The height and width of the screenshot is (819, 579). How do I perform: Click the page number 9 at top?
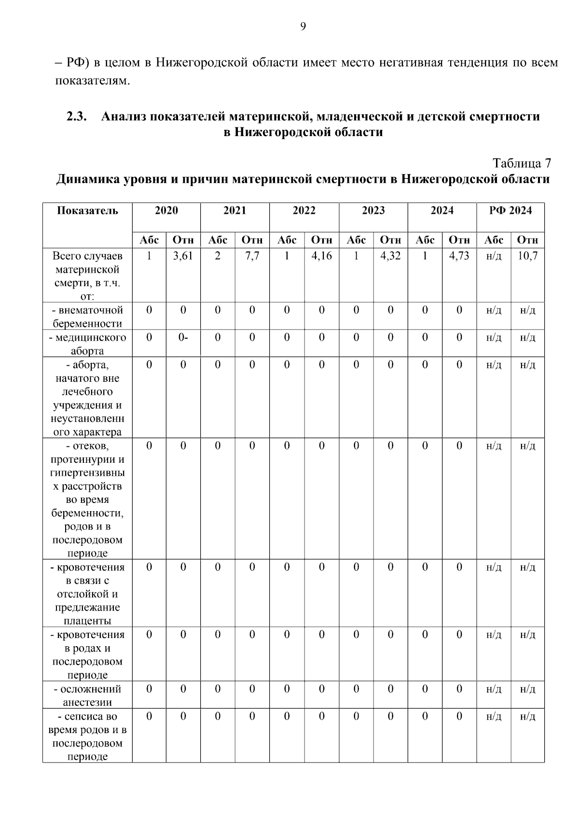tap(303, 27)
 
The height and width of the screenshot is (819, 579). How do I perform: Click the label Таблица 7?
tap(522, 163)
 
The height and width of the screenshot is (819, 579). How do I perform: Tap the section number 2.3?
tap(76, 116)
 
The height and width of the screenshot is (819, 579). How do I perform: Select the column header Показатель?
tap(87, 210)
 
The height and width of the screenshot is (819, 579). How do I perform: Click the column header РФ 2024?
tap(510, 210)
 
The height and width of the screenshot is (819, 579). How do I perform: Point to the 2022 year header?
tap(304, 210)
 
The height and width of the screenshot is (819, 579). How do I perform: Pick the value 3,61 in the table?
tap(183, 256)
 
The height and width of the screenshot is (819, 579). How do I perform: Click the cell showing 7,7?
tap(252, 256)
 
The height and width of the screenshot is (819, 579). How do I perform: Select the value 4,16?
tap(321, 256)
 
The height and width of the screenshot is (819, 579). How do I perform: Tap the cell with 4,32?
tap(390, 256)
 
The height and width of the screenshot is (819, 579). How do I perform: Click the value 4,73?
tap(459, 256)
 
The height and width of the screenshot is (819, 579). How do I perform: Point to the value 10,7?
tap(527, 256)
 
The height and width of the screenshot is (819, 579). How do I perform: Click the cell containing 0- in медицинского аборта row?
tap(183, 337)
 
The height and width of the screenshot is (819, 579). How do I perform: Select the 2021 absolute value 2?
tap(218, 256)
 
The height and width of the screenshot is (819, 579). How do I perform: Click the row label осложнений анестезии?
tap(87, 695)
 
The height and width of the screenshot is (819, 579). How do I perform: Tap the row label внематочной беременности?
tap(87, 317)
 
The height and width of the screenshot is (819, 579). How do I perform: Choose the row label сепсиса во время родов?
tap(87, 736)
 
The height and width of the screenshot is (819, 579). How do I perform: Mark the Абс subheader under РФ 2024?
tap(494, 240)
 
